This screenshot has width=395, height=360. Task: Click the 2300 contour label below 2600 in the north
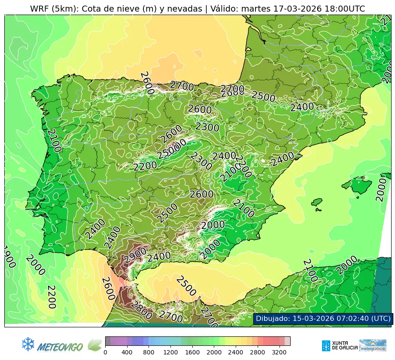[207, 127]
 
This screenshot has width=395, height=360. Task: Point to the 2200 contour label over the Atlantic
[51, 296]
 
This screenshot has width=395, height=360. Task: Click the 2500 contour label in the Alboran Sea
[186, 286]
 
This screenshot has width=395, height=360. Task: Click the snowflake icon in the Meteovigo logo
[28, 344]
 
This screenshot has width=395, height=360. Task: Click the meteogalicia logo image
[373, 345]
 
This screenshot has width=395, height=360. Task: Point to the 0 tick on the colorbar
[105, 352]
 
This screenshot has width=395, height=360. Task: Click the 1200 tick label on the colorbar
[170, 352]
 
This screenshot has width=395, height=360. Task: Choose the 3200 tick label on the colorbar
[280, 352]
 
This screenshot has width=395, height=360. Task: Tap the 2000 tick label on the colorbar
[214, 352]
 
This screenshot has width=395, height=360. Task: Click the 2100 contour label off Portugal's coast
[54, 140]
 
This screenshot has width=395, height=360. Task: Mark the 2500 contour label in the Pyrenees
[263, 96]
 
